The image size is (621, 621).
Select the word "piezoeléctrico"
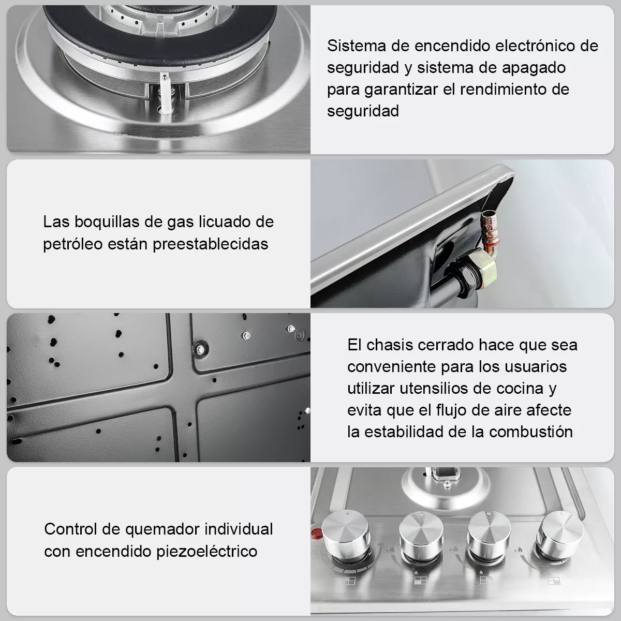(x=207, y=551)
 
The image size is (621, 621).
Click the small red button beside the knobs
(x=314, y=533)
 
